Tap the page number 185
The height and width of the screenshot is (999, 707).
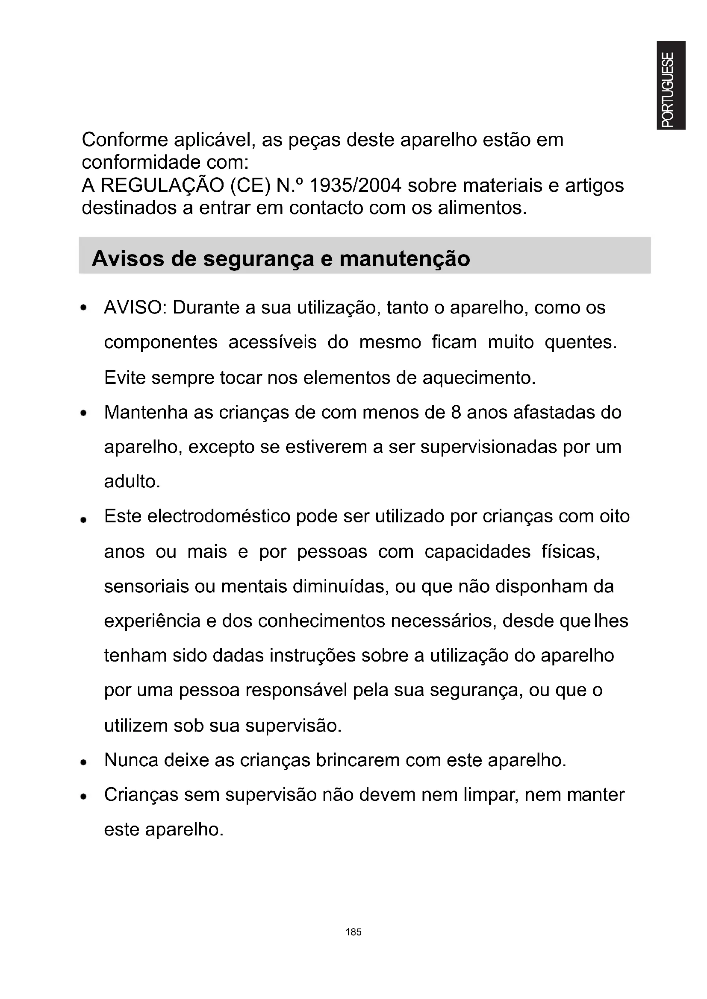[x=353, y=932]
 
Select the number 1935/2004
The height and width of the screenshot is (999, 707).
[x=355, y=186]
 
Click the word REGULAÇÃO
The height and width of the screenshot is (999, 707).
[x=162, y=186]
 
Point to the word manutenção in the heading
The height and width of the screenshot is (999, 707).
[x=404, y=259]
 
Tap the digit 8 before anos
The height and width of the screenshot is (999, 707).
[x=456, y=413]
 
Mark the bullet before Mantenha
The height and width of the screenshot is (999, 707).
[x=84, y=413]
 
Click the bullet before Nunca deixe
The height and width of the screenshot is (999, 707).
[x=84, y=762]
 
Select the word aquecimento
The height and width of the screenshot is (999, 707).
[x=479, y=378]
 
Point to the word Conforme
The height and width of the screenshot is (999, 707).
[x=125, y=140]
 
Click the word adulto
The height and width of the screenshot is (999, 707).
[x=132, y=482]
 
